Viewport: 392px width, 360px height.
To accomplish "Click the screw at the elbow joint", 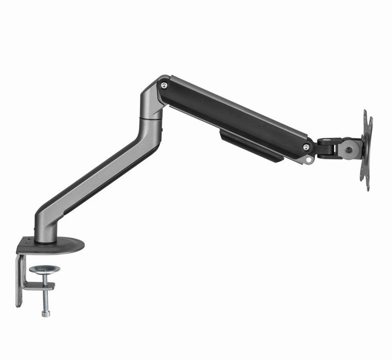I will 164,85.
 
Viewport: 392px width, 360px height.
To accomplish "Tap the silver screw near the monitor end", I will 306,147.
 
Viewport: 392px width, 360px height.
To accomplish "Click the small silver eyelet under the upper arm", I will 309,160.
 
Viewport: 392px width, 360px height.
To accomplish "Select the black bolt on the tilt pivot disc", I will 349,150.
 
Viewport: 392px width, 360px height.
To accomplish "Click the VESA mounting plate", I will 367,149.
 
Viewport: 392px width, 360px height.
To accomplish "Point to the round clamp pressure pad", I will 44,269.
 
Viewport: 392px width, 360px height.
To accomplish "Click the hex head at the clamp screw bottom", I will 46,313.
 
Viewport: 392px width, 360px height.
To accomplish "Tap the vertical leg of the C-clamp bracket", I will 20,280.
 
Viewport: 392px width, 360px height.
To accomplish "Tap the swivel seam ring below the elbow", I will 151,119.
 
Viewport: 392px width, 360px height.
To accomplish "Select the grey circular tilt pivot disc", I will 349,150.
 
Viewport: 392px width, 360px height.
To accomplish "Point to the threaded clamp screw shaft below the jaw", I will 46,301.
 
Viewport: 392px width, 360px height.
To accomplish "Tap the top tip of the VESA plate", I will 365,112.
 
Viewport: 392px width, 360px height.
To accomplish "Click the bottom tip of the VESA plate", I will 367,188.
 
